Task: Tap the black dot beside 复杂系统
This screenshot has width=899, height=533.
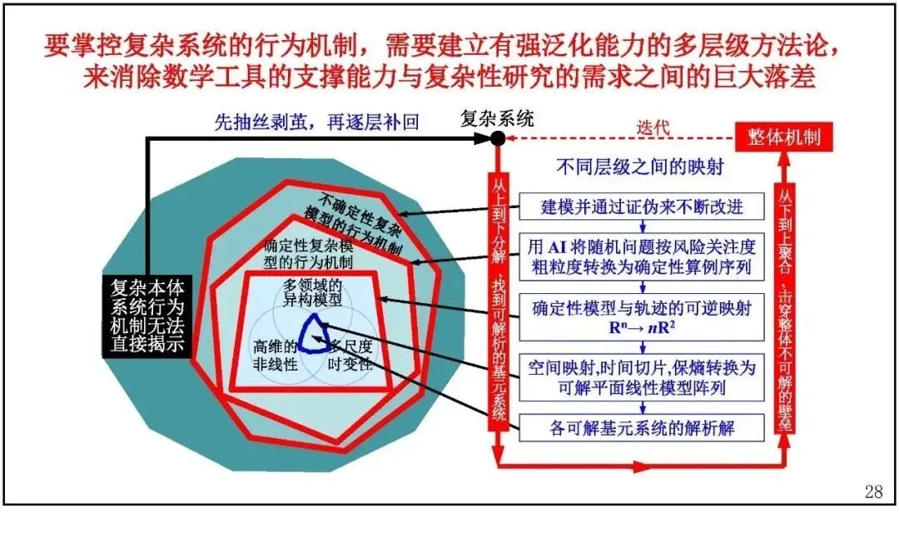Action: pos(497,137)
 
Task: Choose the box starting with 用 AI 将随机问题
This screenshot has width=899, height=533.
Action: pos(641,257)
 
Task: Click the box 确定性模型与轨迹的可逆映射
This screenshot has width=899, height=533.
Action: pos(641,316)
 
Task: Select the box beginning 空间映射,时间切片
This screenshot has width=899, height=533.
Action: pos(641,377)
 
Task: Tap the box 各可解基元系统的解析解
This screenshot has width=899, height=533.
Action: pos(641,430)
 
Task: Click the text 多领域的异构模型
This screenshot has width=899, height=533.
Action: pos(312,292)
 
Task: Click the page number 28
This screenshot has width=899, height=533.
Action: pos(873,491)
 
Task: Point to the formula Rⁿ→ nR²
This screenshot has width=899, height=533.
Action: pos(640,326)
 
